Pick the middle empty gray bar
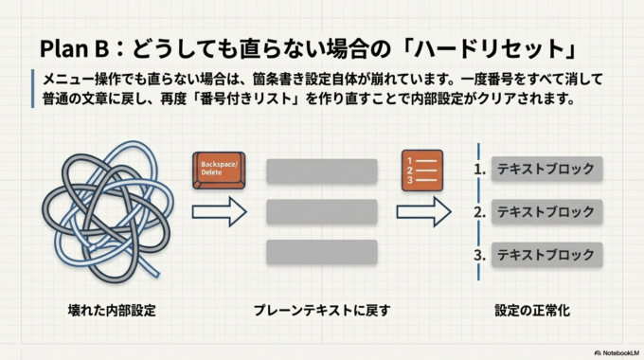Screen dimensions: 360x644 coord(322,210)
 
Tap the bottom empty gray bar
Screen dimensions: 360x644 coord(322,252)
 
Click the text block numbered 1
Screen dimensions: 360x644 coord(546,170)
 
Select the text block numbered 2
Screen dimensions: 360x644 coord(546,212)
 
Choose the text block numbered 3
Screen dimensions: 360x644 coord(546,255)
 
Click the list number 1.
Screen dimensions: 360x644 coord(480,171)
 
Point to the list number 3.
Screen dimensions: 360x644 coord(480,255)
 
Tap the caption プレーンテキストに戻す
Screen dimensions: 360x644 coord(322,310)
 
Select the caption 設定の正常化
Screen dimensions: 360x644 coord(532,310)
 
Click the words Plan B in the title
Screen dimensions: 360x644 coord(78,46)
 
